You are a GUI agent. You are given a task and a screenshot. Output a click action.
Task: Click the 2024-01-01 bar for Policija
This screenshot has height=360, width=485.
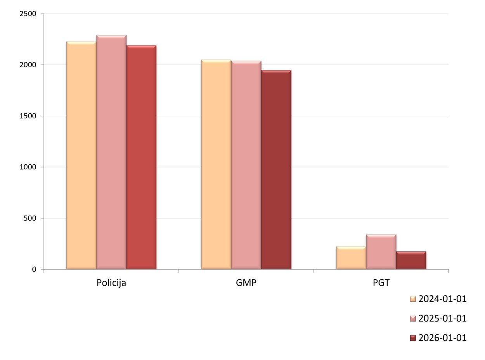tap(81, 155)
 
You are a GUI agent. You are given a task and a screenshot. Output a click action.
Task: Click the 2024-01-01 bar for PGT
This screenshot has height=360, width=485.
tap(351, 258)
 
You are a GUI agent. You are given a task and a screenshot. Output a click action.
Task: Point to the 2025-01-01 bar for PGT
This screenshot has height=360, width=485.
tap(381, 252)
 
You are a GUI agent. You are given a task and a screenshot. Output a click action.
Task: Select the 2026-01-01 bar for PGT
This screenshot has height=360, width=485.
tap(411, 261)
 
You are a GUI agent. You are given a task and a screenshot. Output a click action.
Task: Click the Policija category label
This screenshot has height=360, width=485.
tap(111, 283)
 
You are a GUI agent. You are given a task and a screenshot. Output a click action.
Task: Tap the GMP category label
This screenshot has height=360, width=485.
tap(246, 283)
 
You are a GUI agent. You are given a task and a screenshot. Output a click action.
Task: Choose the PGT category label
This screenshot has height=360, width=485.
tap(381, 283)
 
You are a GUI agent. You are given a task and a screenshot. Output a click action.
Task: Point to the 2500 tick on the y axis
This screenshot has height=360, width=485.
tap(28, 14)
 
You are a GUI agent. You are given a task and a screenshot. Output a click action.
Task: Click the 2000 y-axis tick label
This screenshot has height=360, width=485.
tap(28, 65)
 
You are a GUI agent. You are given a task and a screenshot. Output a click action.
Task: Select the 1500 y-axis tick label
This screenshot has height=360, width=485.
tap(28, 116)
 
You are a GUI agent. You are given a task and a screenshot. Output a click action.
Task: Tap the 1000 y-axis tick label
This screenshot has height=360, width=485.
tap(28, 167)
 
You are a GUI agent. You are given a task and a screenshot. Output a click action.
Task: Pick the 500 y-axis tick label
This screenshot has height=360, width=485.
tap(30, 218)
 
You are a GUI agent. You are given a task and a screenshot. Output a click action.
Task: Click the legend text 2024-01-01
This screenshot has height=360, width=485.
tap(442, 299)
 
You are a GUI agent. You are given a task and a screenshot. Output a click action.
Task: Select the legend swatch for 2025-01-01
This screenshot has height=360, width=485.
tap(412, 319)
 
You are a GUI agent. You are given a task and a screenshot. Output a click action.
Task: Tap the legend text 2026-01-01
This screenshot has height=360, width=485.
tap(442, 338)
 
